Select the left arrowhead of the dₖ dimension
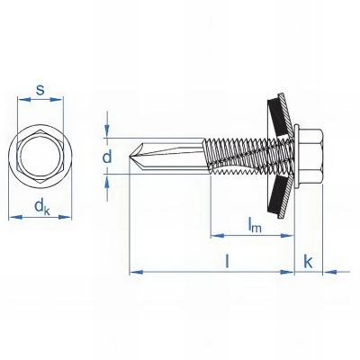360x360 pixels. [x=13, y=217]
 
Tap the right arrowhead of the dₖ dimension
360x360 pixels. [x=69, y=217]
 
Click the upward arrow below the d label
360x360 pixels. [x=108, y=177]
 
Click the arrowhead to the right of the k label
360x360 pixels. [x=325, y=270]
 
